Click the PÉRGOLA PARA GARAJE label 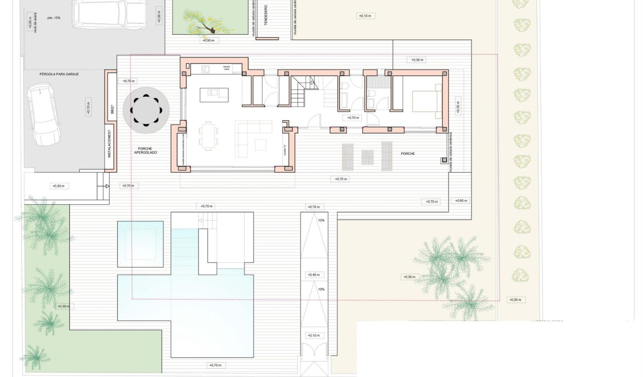pyautogui.click(x=59, y=74)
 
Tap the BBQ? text pyautogui.click(x=112, y=109)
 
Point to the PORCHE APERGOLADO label pyautogui.click(x=145, y=150)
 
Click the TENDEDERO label pyautogui.click(x=265, y=15)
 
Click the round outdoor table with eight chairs pyautogui.click(x=146, y=110)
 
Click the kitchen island pyautogui.click(x=214, y=94)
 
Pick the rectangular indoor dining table pyautogui.click(x=209, y=136)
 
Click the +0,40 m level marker pyautogui.click(x=314, y=275)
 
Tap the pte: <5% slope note pyautogui.click(x=54, y=18)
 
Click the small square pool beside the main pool pyautogui.click(x=140, y=244)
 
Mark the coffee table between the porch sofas pyautogui.click(x=368, y=157)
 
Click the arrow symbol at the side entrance pyautogui.click(x=106, y=186)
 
